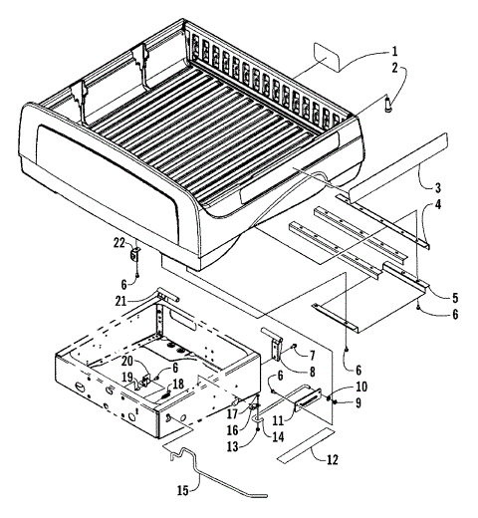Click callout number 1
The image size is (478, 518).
click(x=395, y=51)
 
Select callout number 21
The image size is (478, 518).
click(x=146, y=302)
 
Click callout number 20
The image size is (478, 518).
click(x=126, y=363)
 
